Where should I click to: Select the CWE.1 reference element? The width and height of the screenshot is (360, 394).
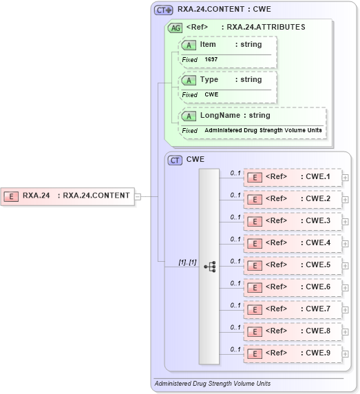coord(293,177)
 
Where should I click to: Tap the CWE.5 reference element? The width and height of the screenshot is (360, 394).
coord(293,265)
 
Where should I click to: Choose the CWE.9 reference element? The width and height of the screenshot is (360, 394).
coord(293,353)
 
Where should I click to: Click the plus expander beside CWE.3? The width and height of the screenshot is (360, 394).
coord(346,222)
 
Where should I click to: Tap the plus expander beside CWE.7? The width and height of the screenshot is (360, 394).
coord(346,310)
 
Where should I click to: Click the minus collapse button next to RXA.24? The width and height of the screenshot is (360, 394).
coord(138,196)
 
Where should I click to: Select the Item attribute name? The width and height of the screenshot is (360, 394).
coord(208,44)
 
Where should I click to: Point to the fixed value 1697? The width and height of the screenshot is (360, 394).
coord(211,59)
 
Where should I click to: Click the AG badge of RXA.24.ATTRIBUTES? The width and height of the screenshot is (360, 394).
coord(175,28)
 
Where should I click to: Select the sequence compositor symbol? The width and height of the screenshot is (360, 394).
coord(209,266)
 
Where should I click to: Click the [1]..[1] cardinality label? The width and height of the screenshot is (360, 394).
coord(187,262)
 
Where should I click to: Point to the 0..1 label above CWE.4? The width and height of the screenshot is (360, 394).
coord(235,239)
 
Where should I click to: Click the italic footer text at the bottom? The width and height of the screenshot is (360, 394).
coord(212,384)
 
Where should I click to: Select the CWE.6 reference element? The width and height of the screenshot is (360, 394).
coord(293,287)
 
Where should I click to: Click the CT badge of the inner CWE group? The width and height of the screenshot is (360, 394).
coord(175,160)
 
